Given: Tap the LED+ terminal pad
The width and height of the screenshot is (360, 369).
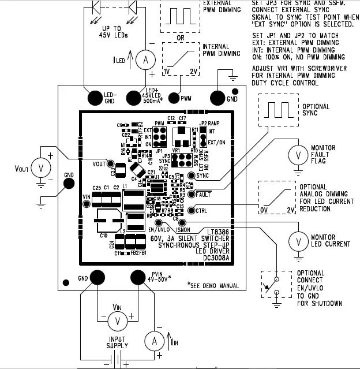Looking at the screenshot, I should click(x=136, y=98).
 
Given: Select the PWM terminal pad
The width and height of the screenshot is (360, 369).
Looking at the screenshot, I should click(x=172, y=98).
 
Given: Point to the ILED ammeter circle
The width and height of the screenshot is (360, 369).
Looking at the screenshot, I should click(x=147, y=60).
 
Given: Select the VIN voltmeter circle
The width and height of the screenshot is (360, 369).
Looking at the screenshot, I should click(x=118, y=319).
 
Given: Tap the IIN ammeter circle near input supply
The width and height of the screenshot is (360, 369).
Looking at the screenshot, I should click(x=155, y=341).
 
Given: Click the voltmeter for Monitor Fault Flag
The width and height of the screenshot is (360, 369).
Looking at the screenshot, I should click(x=297, y=154).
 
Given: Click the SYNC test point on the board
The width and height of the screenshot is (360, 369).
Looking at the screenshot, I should click(x=191, y=176).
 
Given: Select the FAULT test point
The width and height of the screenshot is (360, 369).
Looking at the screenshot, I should click(x=191, y=194).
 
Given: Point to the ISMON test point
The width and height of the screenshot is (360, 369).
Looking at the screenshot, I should click(x=182, y=222).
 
